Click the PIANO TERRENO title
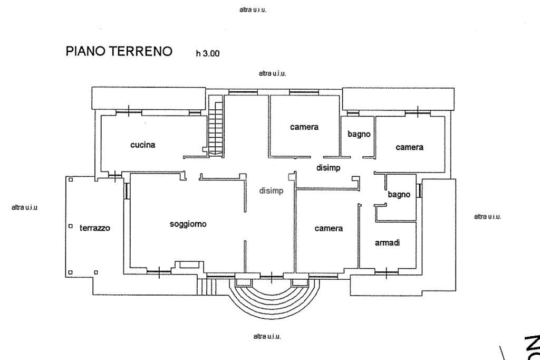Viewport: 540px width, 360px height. click(119, 51)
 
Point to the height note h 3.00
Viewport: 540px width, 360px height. click(207, 53)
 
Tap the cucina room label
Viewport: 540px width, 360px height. click(143, 145)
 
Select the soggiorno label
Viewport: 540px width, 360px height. click(188, 224)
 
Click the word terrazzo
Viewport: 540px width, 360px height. click(95, 228)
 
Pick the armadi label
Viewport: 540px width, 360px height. click(387, 243)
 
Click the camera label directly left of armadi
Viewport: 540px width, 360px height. click(329, 229)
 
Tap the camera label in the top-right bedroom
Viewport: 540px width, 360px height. click(409, 147)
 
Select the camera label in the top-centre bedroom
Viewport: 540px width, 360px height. click(304, 127)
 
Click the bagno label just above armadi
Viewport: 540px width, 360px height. click(399, 194)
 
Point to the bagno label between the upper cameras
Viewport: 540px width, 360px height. click(359, 134)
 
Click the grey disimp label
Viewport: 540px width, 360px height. click(271, 191)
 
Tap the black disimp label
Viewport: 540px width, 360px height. click(328, 168)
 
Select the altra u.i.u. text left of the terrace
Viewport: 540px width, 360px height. click(25, 208)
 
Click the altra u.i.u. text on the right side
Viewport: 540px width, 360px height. click(487, 216)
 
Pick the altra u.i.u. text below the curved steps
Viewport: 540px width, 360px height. click(267, 337)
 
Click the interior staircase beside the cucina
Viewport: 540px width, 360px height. click(216, 127)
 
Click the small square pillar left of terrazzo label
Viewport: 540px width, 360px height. click(71, 226)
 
